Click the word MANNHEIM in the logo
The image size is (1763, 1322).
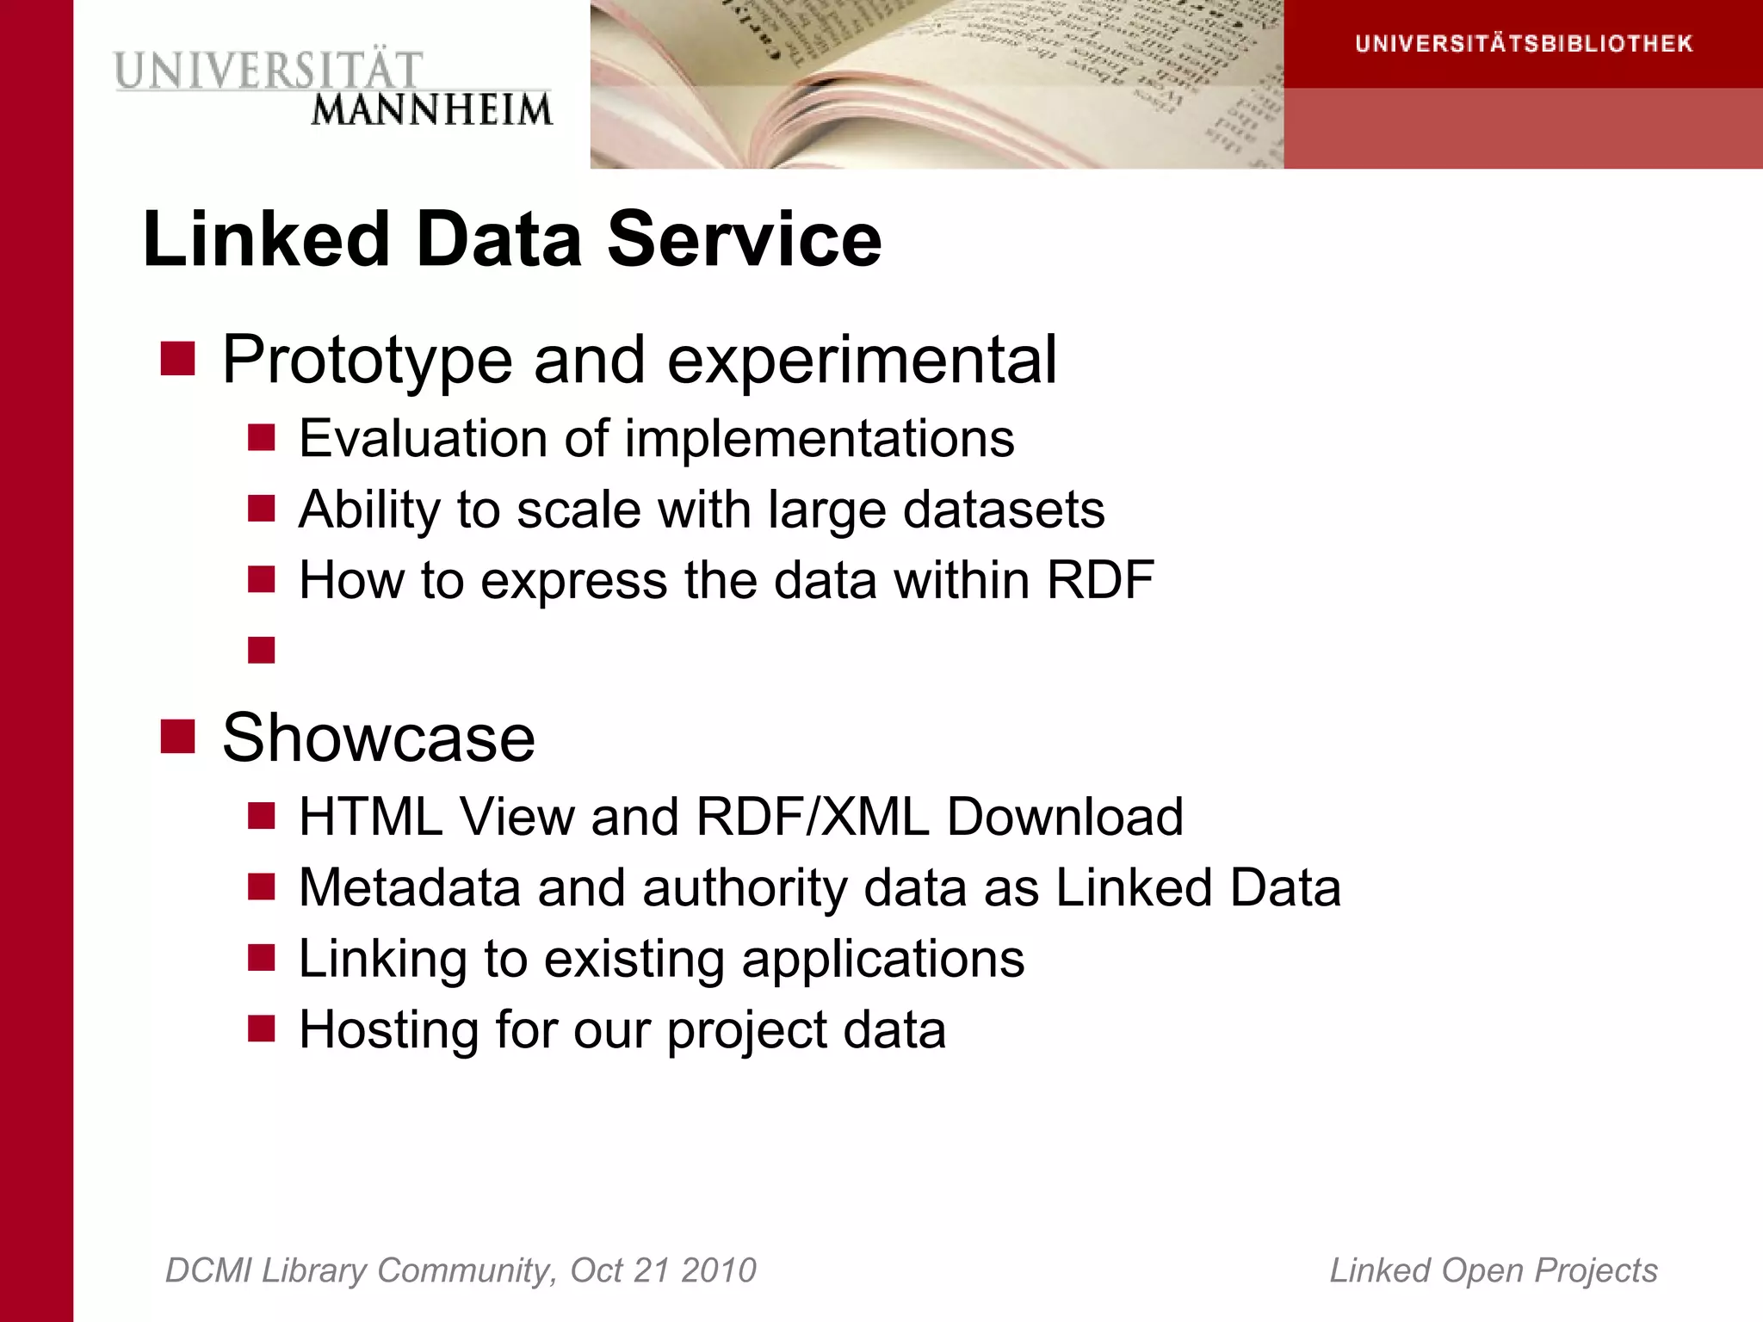[x=431, y=111]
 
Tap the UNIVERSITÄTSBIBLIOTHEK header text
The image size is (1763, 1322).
[x=1524, y=44]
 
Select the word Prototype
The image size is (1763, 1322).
[x=368, y=360]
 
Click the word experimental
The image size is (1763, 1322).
[x=862, y=360]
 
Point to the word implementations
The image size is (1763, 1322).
[x=820, y=439]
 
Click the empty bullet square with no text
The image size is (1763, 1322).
[x=262, y=650]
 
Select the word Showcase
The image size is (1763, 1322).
[x=379, y=738]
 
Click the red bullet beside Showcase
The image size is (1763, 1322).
[x=178, y=736]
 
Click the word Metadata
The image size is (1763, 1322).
[x=410, y=887]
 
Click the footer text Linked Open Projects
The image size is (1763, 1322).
[x=1494, y=1270]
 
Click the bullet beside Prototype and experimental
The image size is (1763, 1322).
[x=178, y=359]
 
